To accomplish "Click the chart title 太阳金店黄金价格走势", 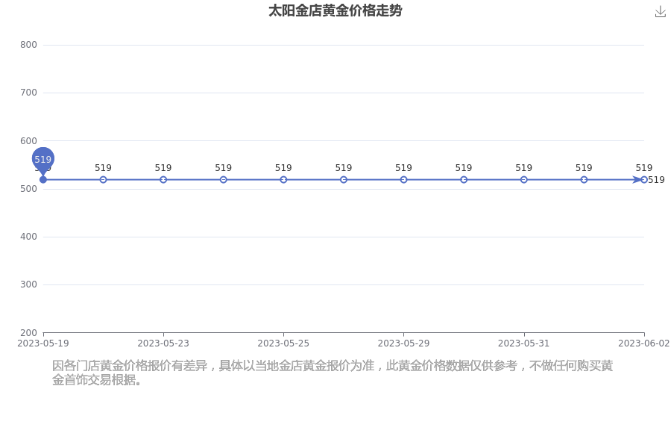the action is click(335, 10).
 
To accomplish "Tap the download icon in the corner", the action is click(661, 12).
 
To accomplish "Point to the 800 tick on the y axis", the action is click(28, 45).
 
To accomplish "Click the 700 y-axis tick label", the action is click(28, 93).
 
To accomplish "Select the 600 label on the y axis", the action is click(28, 140).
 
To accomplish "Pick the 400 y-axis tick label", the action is click(28, 237).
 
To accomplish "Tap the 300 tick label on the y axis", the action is click(28, 284).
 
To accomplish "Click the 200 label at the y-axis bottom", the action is click(28, 333).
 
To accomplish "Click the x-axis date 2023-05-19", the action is click(42, 343).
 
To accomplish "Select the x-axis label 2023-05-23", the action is click(163, 343).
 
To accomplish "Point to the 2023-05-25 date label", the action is click(283, 343).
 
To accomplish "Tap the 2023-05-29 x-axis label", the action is click(403, 343).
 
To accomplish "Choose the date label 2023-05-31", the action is click(524, 343).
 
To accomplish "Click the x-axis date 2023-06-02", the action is click(644, 343).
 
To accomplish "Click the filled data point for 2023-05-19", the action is click(43, 180).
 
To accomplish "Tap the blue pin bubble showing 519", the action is click(42, 159).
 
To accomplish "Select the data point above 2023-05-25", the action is click(283, 180).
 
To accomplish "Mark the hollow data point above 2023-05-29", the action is click(403, 180).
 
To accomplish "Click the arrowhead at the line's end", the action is click(637, 180).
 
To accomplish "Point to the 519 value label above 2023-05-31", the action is click(524, 167).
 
